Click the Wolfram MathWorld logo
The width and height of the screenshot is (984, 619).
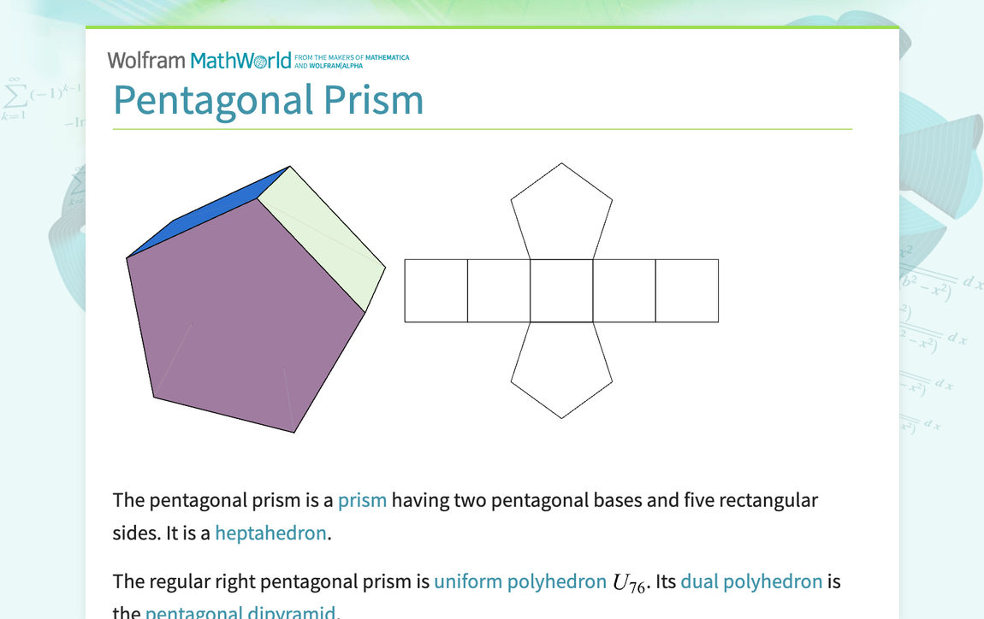[x=199, y=60]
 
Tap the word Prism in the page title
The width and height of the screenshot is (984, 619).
[x=373, y=100]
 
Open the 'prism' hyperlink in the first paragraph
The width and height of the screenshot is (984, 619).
[x=362, y=500]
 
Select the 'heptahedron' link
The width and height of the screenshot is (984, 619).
[x=270, y=534]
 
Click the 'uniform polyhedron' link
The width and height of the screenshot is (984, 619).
[x=519, y=582]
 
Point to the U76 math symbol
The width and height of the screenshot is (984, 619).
[x=629, y=584]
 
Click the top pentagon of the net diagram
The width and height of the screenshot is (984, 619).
[x=561, y=214]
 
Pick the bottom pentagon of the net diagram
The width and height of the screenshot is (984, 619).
[x=561, y=368]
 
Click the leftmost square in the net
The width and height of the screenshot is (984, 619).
[x=436, y=291]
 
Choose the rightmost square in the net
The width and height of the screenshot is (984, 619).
[x=687, y=291]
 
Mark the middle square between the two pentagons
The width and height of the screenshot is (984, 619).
[x=561, y=291]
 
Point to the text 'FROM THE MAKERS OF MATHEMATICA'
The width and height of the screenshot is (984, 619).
[x=352, y=57]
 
